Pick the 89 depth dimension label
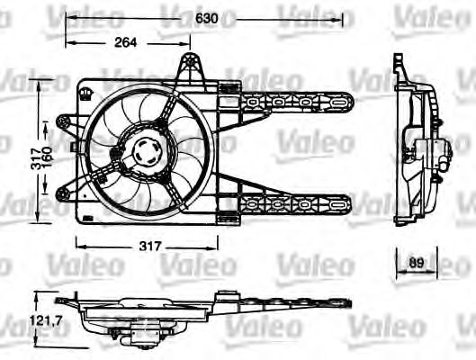click(416, 262)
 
